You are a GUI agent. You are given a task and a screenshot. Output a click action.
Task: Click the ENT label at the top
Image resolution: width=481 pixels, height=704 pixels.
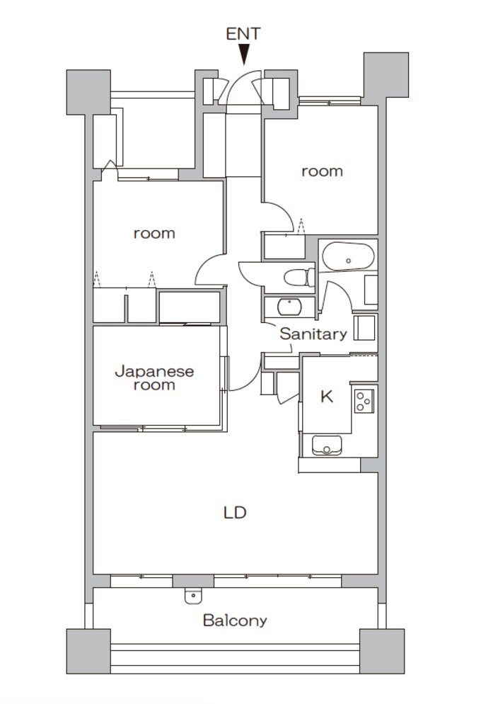[x=243, y=34]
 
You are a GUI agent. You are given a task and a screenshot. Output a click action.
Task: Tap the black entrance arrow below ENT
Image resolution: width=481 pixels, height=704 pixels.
[x=243, y=55]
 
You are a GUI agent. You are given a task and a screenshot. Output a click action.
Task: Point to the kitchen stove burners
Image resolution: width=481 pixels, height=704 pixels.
[x=364, y=400]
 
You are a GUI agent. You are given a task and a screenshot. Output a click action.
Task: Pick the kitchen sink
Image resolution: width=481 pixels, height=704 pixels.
[x=327, y=445]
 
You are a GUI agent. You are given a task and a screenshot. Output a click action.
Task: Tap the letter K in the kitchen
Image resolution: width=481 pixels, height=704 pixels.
[x=327, y=397]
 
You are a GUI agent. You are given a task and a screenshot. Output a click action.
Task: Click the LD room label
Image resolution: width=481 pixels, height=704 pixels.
[x=235, y=512]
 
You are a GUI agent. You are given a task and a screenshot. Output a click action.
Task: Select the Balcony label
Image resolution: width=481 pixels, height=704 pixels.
[x=235, y=620]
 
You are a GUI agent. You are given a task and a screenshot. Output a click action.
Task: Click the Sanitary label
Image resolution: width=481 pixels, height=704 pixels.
[x=313, y=334]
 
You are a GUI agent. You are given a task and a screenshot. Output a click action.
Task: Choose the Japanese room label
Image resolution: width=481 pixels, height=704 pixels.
[x=154, y=378]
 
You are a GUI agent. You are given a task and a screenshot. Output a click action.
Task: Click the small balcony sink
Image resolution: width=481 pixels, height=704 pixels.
[x=193, y=596]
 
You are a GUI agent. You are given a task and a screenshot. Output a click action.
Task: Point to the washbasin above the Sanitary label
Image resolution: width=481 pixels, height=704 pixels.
[x=289, y=307]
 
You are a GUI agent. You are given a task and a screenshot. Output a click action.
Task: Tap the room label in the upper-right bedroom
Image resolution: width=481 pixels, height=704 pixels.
[x=322, y=171]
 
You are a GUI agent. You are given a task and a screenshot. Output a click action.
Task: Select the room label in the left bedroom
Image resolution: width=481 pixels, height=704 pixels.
[x=154, y=234]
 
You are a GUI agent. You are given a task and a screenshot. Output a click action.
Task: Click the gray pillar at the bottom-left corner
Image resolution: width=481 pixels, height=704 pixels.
[x=88, y=651]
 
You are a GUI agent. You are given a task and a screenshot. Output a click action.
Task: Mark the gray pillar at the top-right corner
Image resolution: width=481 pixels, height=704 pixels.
[x=386, y=75]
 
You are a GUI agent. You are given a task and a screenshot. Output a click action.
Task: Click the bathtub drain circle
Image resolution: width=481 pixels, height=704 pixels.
[x=348, y=261]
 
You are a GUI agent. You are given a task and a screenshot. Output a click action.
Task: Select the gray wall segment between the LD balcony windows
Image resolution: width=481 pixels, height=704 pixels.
[x=193, y=581]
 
